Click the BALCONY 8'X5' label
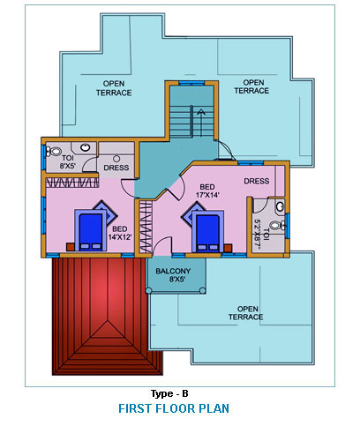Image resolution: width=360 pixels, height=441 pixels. pyautogui.click(x=173, y=275)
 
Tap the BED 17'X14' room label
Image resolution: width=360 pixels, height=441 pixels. pyautogui.click(x=207, y=191)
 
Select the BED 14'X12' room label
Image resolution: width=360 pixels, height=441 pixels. pyautogui.click(x=120, y=233)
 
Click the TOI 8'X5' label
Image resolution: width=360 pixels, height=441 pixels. pyautogui.click(x=68, y=162)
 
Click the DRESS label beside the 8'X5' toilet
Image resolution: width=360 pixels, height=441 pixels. pyautogui.click(x=116, y=168)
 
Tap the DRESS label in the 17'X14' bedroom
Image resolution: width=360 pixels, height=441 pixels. pyautogui.click(x=257, y=181)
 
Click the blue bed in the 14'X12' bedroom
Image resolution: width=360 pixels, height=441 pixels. pyautogui.click(x=91, y=230)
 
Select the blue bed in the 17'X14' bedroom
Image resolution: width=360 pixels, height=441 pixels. pyautogui.click(x=207, y=231)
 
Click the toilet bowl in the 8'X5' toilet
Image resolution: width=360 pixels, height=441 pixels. pyautogui.click(x=53, y=152)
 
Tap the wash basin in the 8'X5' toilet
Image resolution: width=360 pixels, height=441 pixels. pyautogui.click(x=86, y=147)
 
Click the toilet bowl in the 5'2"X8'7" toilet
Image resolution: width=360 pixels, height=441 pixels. pyautogui.click(x=277, y=226)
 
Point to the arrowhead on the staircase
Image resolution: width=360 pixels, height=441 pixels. pyautogui.click(x=201, y=111)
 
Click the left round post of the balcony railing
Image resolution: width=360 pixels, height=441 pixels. pyautogui.click(x=148, y=291)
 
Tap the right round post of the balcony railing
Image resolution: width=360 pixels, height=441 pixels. pyautogui.click(x=203, y=291)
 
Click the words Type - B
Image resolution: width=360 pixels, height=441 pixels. pyautogui.click(x=169, y=393)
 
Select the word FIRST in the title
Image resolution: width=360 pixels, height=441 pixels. pyautogui.click(x=135, y=408)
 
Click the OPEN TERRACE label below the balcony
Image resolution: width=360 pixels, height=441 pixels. pyautogui.click(x=246, y=313)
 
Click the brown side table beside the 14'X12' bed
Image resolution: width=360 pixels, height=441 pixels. pyautogui.click(x=71, y=247)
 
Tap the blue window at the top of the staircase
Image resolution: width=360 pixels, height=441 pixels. pyautogui.click(x=191, y=84)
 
